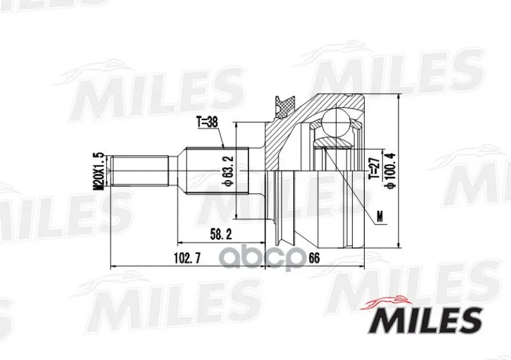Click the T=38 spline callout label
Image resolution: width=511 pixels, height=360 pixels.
[207, 123]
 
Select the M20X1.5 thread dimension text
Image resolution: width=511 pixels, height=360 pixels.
[98, 170]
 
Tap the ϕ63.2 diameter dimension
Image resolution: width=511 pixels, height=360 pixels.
[228, 170]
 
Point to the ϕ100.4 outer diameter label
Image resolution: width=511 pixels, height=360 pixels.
[390, 169]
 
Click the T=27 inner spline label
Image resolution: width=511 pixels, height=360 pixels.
[373, 168]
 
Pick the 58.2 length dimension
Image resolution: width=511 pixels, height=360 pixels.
[221, 234]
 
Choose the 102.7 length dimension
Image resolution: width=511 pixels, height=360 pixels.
[187, 259]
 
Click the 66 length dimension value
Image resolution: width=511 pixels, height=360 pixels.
[314, 259]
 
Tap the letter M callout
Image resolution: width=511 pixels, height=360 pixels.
[379, 216]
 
